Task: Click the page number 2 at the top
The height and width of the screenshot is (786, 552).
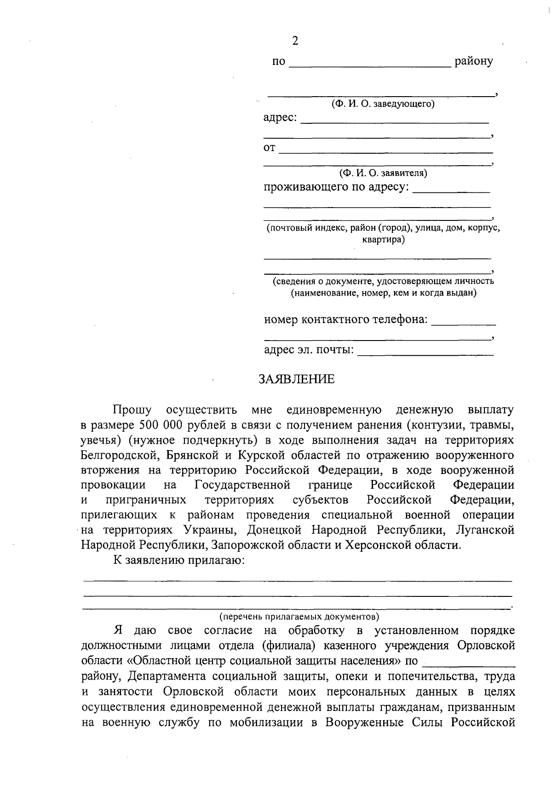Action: tap(295, 41)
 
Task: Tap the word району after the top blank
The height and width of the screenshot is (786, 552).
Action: tap(473, 61)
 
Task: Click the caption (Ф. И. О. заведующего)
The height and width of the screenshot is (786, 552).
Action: tap(383, 104)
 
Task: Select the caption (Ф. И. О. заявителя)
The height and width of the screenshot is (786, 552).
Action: tap(383, 173)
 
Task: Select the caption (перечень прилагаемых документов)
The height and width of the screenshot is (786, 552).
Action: tap(299, 616)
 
